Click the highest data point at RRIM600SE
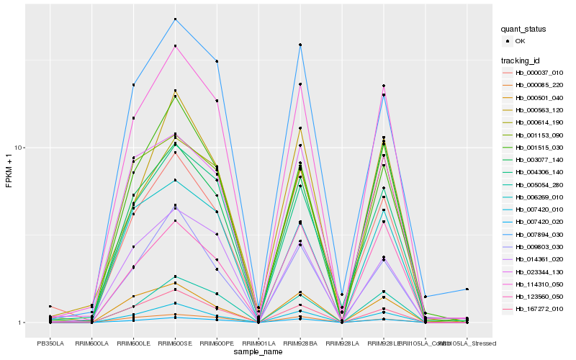(x=175, y=19)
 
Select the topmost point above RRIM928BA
(x=300, y=45)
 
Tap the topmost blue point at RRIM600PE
(x=217, y=61)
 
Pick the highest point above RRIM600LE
(x=133, y=84)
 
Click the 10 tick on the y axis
(x=21, y=148)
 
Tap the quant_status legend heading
(x=524, y=30)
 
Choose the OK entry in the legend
(x=520, y=41)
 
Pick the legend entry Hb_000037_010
(x=539, y=73)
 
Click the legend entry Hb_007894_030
(x=539, y=234)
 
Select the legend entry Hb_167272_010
(x=539, y=309)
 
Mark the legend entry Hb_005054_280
(x=539, y=185)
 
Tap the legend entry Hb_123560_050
(x=539, y=296)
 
